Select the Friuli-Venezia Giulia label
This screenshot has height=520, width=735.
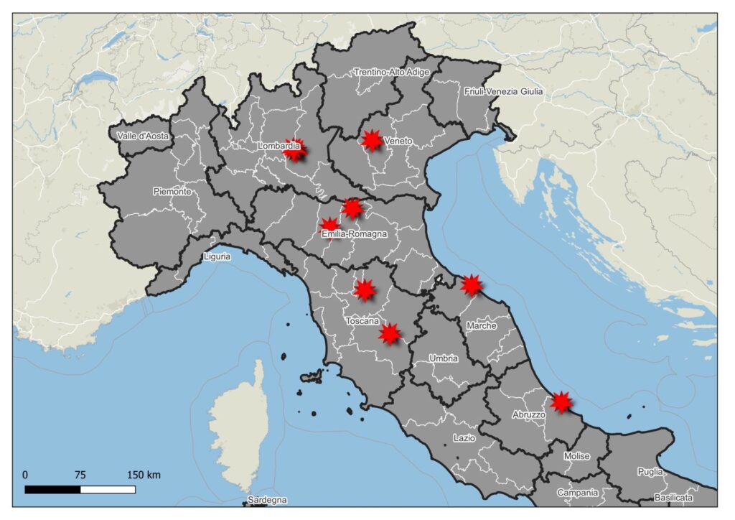[503, 91]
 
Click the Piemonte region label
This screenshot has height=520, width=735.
[172, 192]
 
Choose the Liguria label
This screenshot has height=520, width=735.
[216, 256]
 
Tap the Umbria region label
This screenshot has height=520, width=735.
[443, 358]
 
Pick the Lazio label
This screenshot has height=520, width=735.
[464, 438]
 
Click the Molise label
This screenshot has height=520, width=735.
[576, 456]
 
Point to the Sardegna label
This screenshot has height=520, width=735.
[267, 499]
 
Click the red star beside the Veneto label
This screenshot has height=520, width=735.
[372, 140]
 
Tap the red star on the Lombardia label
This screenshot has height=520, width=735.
[295, 149]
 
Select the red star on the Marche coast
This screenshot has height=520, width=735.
[471, 285]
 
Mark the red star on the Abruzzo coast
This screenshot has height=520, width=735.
[561, 402]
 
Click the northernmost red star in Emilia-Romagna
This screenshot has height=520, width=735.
[352, 208]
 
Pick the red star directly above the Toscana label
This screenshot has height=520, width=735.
[365, 289]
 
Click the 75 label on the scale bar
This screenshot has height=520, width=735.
[80, 475]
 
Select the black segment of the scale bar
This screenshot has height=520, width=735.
[52, 489]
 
